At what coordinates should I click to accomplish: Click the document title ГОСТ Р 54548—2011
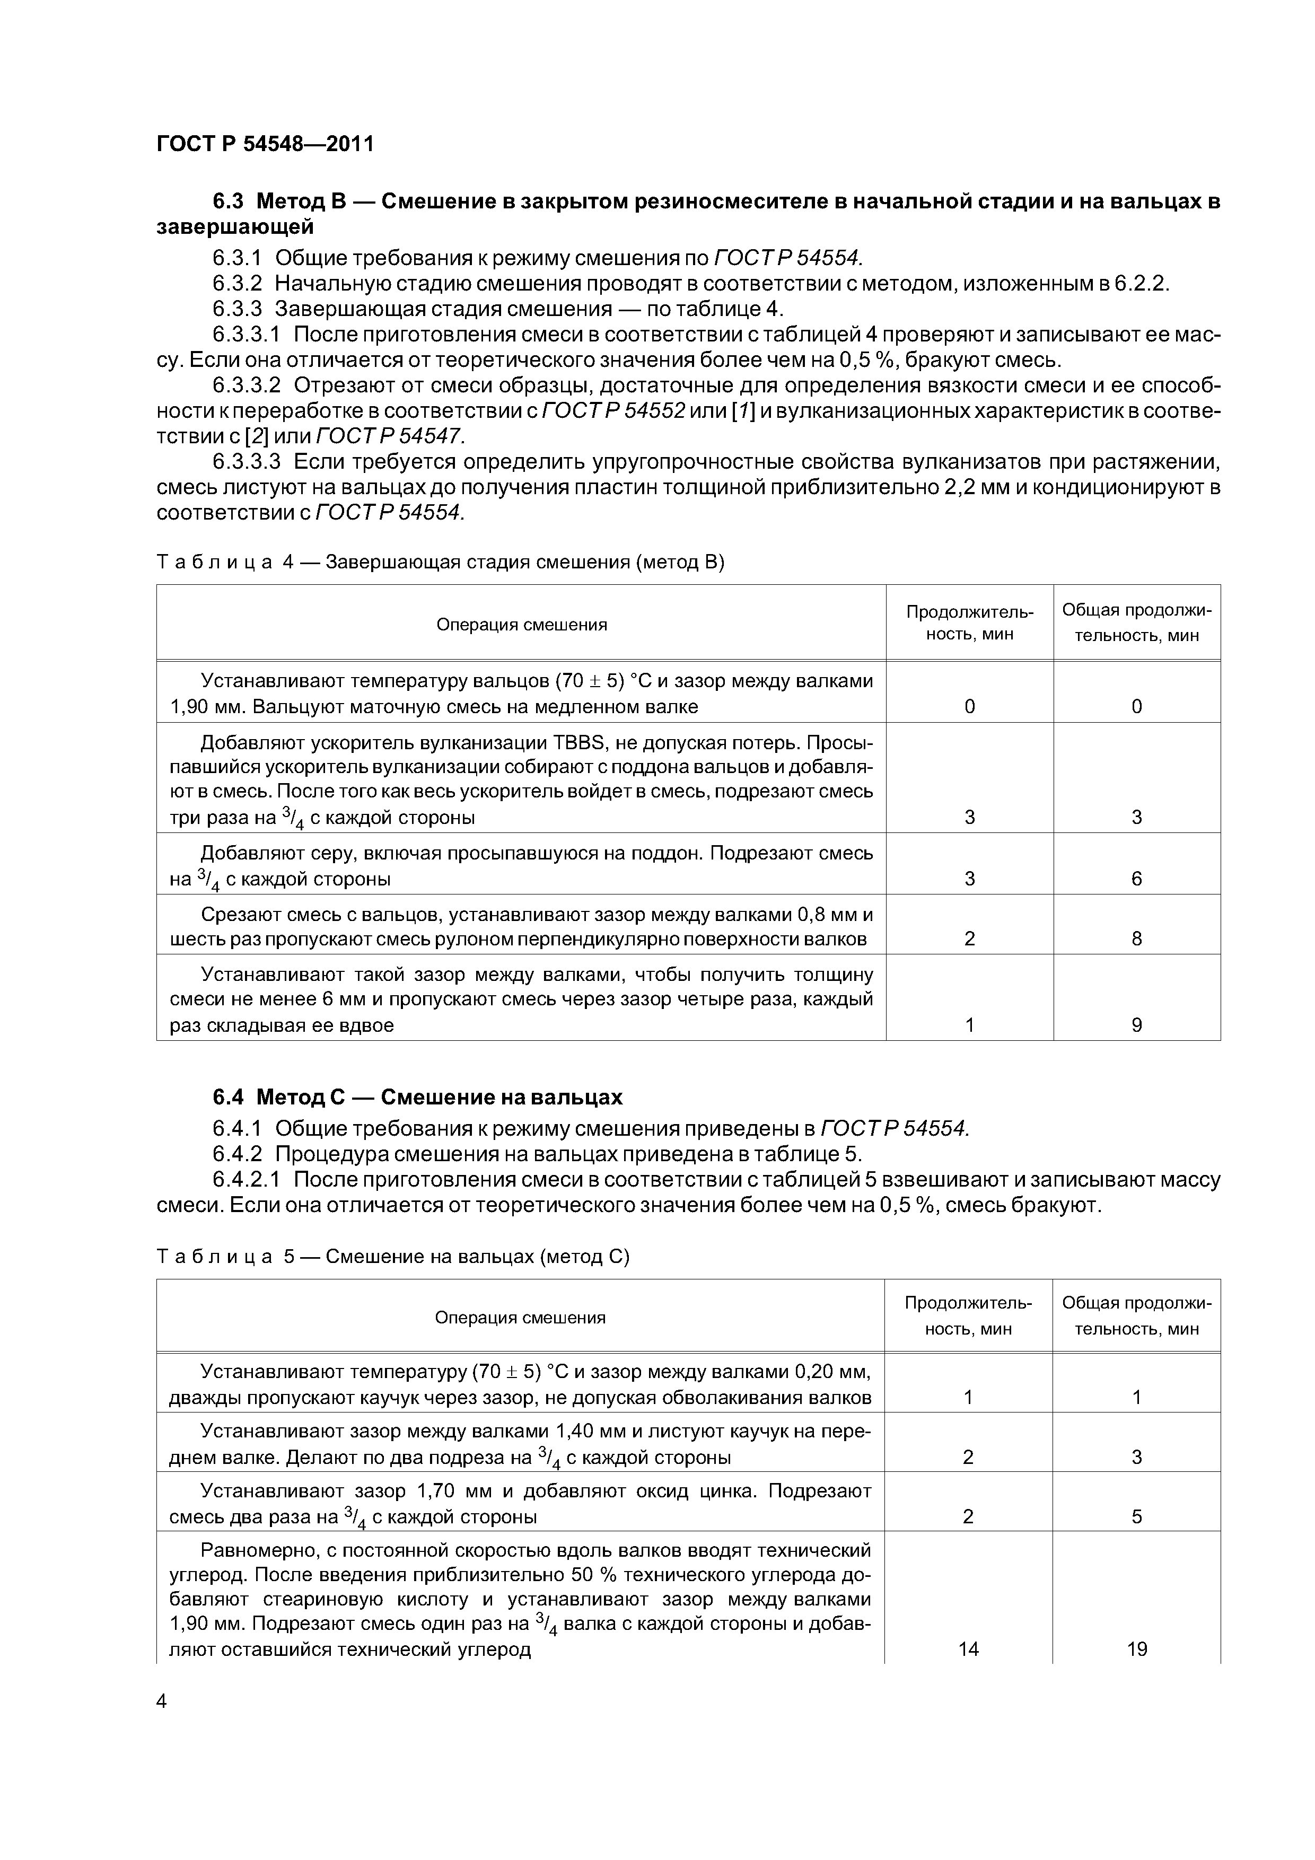pos(265,144)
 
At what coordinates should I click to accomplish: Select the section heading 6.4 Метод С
pos(417,1097)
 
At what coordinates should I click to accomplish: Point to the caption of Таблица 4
pos(440,562)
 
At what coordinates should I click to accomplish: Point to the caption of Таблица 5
pos(392,1257)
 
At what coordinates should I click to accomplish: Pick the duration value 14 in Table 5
pos(968,1648)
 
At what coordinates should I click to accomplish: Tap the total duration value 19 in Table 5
pos(1137,1648)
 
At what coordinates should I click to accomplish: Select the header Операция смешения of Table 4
pos(521,625)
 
